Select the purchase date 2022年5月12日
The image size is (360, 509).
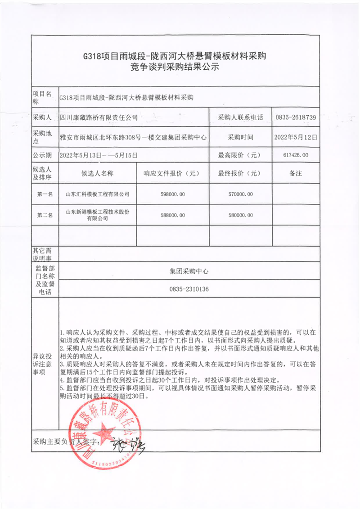point(296,137)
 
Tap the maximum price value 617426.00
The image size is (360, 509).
point(296,155)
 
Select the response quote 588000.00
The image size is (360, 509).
point(172,215)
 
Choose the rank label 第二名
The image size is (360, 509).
point(45,215)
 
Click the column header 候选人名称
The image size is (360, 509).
point(97,173)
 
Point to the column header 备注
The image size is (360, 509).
point(296,173)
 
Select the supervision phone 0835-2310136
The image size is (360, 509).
point(189,289)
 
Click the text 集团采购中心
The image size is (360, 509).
point(189,271)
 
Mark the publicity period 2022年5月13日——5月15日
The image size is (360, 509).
point(98,155)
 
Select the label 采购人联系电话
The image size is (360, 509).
point(240,117)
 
